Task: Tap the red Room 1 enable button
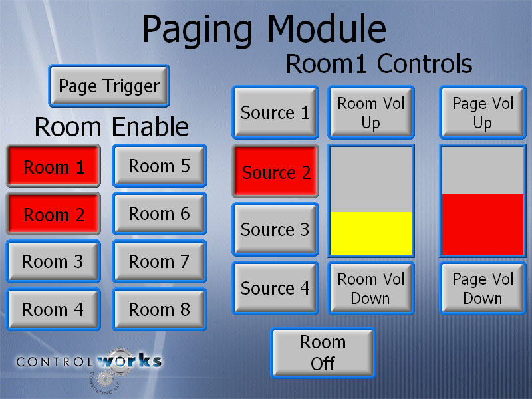tap(53, 166)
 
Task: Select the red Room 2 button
tap(53, 213)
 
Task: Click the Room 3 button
tap(53, 261)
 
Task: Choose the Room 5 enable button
tap(160, 166)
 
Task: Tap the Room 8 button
tap(160, 309)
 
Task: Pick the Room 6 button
tap(160, 213)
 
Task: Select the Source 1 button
tap(275, 112)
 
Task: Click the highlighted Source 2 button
tap(275, 172)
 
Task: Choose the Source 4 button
tap(275, 288)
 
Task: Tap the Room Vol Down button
tap(371, 288)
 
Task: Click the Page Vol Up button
tap(483, 112)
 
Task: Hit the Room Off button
tap(323, 353)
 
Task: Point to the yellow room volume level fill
tap(371, 233)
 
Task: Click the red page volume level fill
tap(483, 224)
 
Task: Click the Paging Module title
tap(264, 31)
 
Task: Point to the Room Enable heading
tap(112, 127)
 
